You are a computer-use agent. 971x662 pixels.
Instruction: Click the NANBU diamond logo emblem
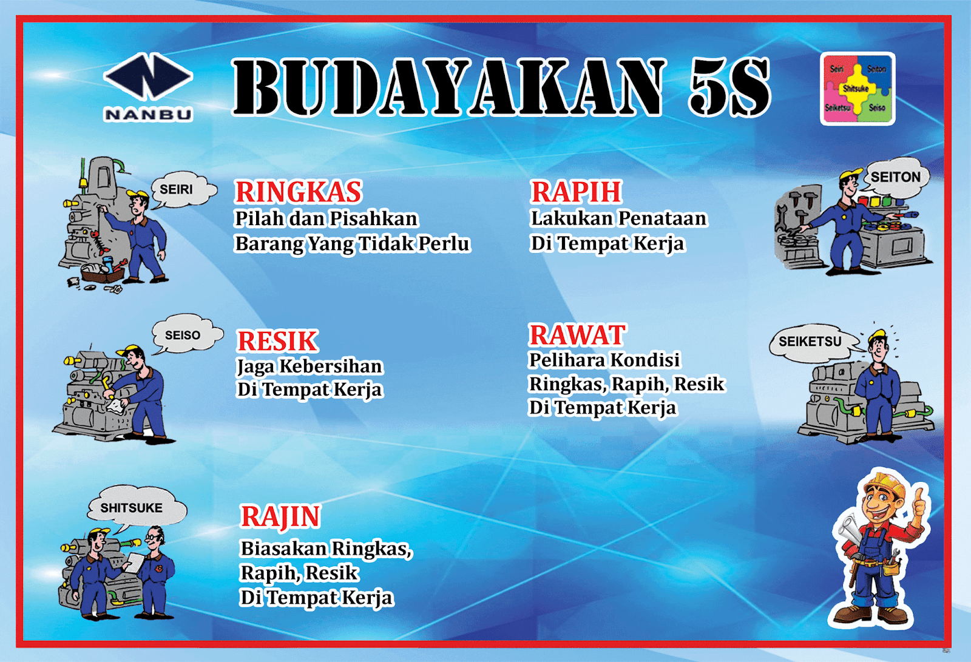(x=147, y=77)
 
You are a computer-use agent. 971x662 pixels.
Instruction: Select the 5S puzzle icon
(x=857, y=89)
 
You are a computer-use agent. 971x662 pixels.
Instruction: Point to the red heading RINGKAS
(x=298, y=192)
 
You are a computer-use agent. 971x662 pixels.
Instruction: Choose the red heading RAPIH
(x=576, y=192)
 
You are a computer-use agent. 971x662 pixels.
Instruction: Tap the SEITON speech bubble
(x=895, y=177)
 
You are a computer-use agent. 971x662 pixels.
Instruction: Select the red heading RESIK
(x=277, y=342)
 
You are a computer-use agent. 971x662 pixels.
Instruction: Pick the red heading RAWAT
(x=577, y=335)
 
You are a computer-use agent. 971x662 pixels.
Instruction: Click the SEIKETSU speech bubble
(x=810, y=342)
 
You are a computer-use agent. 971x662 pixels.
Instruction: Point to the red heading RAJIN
(x=280, y=517)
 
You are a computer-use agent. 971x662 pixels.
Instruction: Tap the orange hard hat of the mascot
(x=886, y=485)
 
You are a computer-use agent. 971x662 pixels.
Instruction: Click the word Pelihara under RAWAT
(x=567, y=360)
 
